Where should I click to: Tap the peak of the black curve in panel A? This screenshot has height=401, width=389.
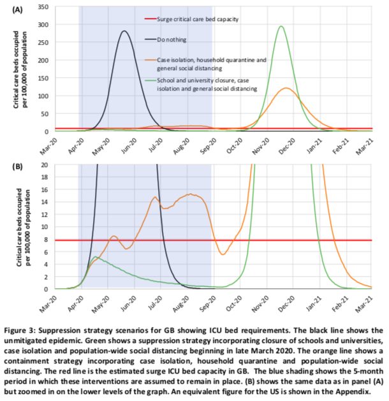[124, 31]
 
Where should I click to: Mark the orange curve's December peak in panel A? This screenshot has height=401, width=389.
[287, 88]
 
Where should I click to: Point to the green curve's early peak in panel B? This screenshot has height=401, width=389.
[95, 257]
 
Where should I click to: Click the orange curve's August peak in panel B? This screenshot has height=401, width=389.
[190, 194]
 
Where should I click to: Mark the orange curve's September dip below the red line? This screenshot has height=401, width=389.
[222, 254]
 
